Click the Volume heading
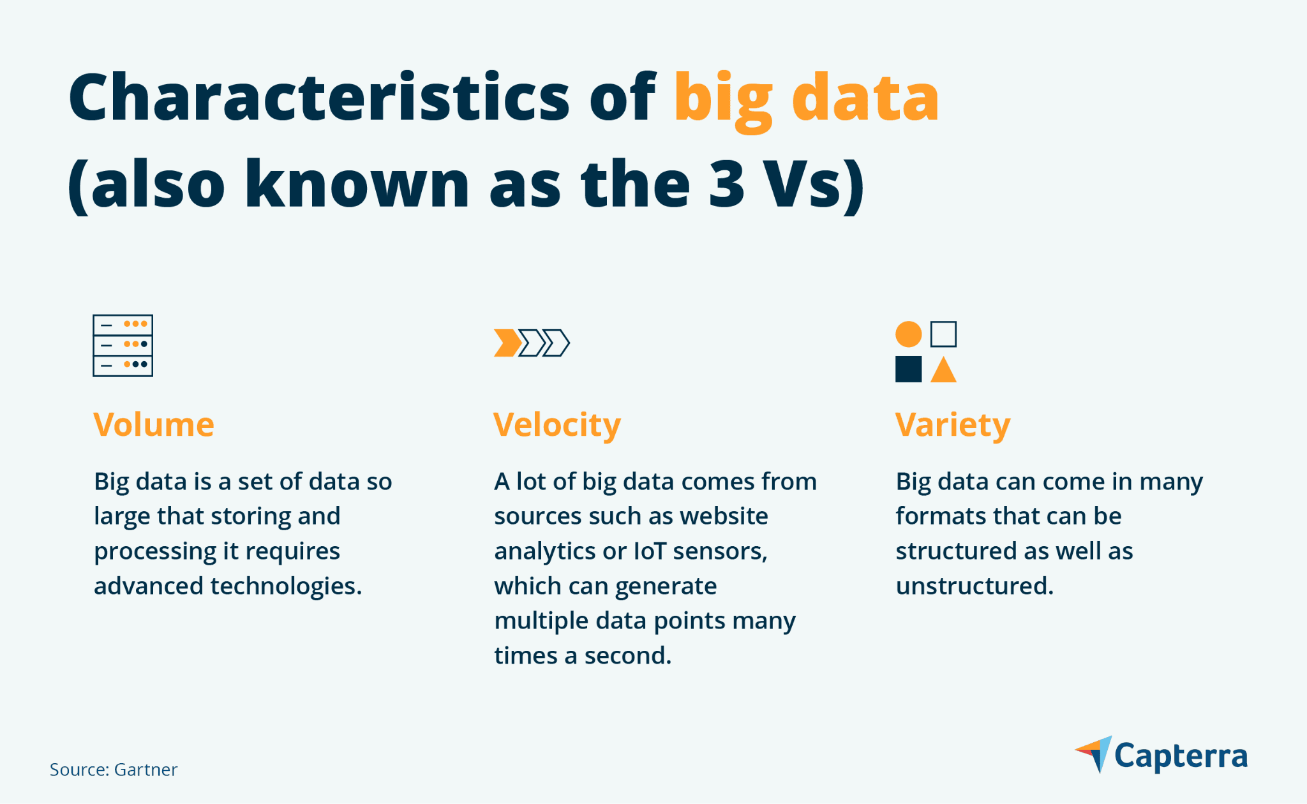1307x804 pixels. coord(154,425)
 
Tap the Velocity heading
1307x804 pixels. coord(556,426)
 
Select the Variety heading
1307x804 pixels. coord(952,426)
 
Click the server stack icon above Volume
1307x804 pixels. coord(123,345)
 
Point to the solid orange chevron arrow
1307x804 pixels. coord(507,343)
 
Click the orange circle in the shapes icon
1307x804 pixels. coord(908,334)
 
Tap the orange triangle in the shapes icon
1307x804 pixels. coord(943,371)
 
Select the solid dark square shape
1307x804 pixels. coord(908,369)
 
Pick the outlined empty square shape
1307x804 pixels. coord(943,334)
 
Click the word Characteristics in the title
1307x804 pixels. coord(318,98)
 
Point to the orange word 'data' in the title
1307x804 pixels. coord(865,98)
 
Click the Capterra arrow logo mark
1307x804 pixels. coord(1096,754)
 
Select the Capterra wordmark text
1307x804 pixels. coord(1181,756)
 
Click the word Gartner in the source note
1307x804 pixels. coord(146,770)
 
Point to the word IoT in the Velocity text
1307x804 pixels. coord(650,551)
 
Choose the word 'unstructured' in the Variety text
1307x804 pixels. coord(974,586)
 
